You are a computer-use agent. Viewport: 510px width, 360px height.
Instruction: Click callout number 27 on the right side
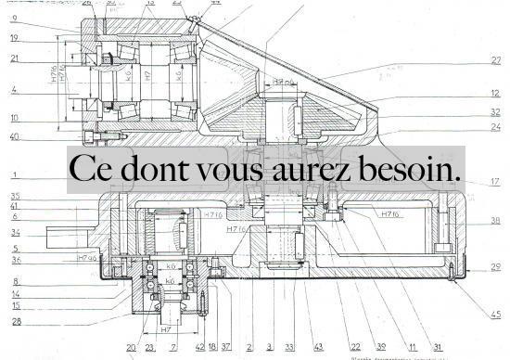click(x=496, y=61)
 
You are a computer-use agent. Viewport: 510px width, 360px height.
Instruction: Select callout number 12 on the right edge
click(x=496, y=94)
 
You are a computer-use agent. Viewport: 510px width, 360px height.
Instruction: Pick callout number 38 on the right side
click(x=496, y=222)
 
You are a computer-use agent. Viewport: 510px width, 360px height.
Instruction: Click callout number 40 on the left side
click(x=15, y=138)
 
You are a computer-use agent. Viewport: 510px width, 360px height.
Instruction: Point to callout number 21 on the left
click(x=15, y=59)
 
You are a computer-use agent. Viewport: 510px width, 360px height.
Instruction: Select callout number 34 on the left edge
click(x=15, y=232)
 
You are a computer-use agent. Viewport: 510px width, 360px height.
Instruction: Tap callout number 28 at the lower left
click(x=15, y=321)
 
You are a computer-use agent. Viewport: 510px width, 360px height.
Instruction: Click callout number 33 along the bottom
click(x=289, y=347)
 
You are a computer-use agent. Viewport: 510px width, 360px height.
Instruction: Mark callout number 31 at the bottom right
click(x=437, y=347)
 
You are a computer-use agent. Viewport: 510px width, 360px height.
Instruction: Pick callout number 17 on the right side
click(x=496, y=182)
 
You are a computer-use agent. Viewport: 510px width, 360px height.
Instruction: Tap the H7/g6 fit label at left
click(x=87, y=258)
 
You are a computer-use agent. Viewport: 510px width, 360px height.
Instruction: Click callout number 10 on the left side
click(x=15, y=118)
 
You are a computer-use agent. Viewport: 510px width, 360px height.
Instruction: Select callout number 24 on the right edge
click(x=496, y=127)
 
